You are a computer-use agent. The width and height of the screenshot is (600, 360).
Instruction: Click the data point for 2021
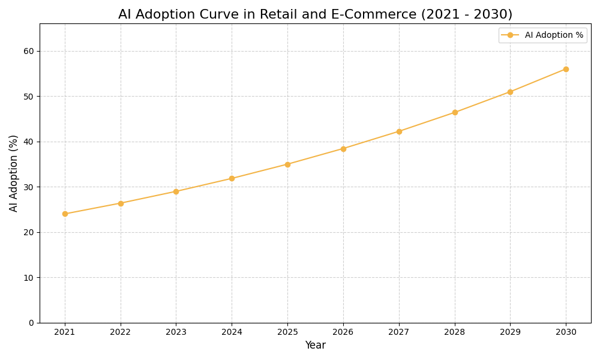pyautogui.click(x=65, y=214)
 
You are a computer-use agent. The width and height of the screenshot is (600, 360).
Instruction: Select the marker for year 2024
pyautogui.click(x=232, y=178)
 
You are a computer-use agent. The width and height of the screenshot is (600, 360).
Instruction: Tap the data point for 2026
pyautogui.click(x=343, y=149)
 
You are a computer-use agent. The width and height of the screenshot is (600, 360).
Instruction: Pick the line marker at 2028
pyautogui.click(x=455, y=112)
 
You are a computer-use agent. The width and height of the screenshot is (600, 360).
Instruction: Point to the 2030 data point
pyautogui.click(x=566, y=69)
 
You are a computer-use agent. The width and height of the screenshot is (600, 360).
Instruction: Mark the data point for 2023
pyautogui.click(x=176, y=191)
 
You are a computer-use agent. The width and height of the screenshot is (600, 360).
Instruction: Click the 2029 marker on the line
pyautogui.click(x=510, y=92)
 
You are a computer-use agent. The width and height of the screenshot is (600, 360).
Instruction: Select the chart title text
pyautogui.click(x=315, y=14)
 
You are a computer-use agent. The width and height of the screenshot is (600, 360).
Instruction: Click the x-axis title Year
pyautogui.click(x=315, y=346)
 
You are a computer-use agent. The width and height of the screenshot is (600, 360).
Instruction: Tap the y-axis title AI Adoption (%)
pyautogui.click(x=14, y=173)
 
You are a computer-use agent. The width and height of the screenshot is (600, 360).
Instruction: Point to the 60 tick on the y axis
pyautogui.click(x=29, y=51)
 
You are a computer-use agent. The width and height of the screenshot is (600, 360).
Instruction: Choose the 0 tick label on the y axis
pyautogui.click(x=31, y=323)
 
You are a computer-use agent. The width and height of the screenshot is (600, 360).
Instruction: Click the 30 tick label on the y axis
pyautogui.click(x=29, y=187)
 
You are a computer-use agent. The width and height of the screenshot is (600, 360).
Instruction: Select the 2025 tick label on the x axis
pyautogui.click(x=287, y=332)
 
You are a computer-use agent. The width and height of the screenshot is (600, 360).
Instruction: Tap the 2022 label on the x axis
pyautogui.click(x=121, y=332)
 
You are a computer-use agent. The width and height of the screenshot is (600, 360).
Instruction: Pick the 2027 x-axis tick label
pyautogui.click(x=399, y=332)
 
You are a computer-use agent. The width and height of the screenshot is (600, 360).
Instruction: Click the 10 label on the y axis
pyautogui.click(x=29, y=278)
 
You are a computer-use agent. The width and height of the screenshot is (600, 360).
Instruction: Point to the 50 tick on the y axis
pyautogui.click(x=29, y=97)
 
